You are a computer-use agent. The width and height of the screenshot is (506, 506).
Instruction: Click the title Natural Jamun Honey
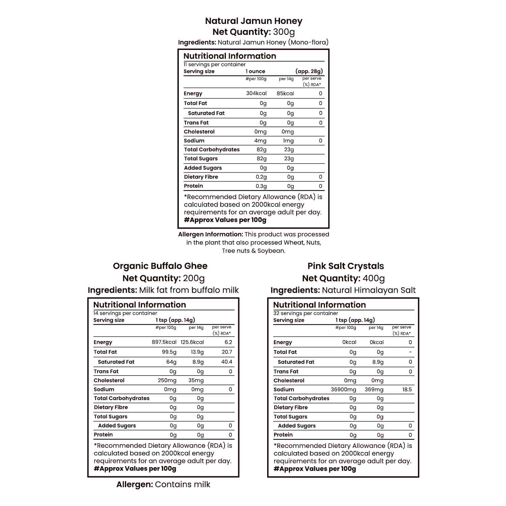coord(254,21)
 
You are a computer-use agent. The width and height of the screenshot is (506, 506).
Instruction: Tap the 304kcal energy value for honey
coord(256,93)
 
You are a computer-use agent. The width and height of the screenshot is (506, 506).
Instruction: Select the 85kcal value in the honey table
coord(285,93)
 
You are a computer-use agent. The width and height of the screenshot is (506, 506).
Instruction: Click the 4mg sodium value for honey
coord(260,141)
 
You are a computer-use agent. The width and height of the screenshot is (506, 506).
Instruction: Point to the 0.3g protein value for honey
coord(261,186)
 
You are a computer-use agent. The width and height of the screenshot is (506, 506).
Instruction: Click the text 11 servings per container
coord(215,64)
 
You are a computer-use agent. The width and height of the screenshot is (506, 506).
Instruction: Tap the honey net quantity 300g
coord(284,32)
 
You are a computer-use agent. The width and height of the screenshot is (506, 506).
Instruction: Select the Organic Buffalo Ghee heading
coord(160,266)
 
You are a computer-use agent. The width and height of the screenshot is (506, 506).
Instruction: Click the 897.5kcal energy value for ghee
coord(164,342)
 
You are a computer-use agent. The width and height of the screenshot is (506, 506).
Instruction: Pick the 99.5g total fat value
coord(169,352)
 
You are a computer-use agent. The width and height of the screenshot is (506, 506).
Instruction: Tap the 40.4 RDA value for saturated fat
coord(226,362)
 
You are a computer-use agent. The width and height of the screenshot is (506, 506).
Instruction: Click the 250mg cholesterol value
coord(167,380)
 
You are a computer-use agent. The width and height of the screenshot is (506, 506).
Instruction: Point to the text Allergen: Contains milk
coord(163,484)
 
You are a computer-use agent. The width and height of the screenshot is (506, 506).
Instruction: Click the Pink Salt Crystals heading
coord(345,266)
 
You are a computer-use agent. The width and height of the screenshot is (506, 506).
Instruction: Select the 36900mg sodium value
coord(343,389)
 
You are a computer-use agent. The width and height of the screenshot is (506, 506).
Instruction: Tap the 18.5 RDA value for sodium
coord(407,389)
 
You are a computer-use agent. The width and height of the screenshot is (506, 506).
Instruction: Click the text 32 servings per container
coord(305,313)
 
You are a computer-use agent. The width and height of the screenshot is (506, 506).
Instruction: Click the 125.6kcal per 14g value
coord(192,342)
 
